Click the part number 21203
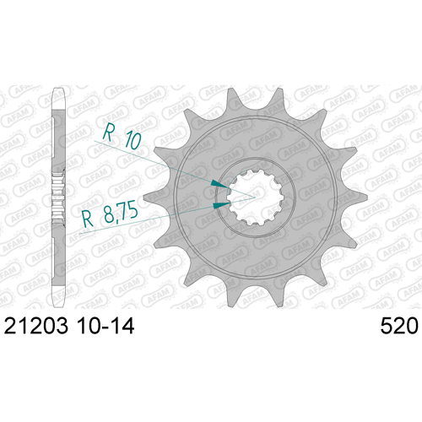[x=36, y=326]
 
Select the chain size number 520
[x=399, y=326]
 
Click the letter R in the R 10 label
[x=108, y=133]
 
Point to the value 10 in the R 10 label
[x=133, y=140]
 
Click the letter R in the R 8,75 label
[x=88, y=219]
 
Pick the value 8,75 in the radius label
[x=121, y=213]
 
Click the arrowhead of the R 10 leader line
[x=219, y=184]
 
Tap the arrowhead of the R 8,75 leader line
[x=222, y=205]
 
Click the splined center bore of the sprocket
[x=255, y=197]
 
